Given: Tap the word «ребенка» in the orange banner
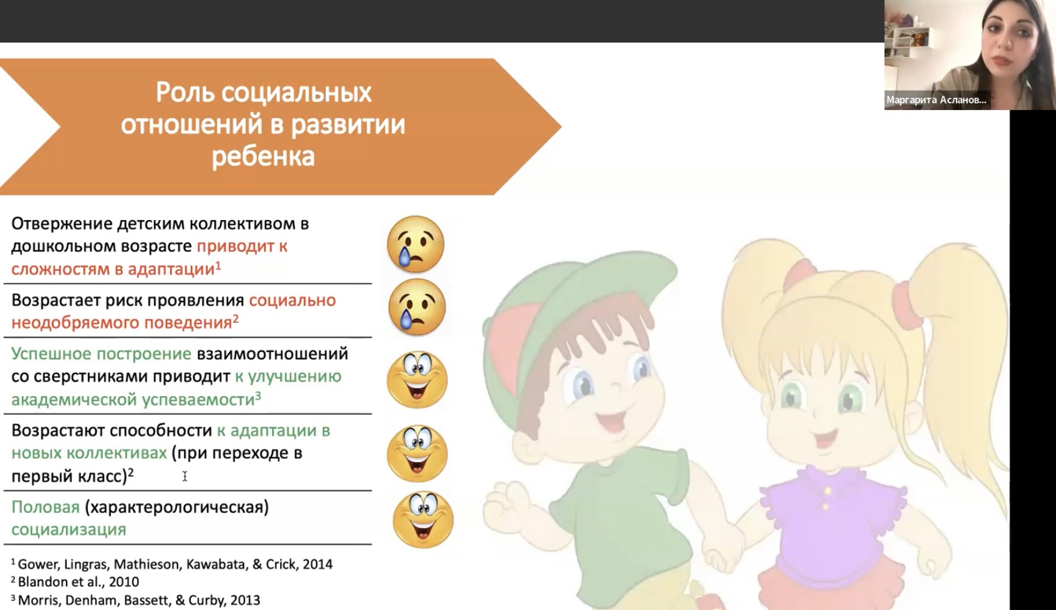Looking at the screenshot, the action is click(x=263, y=156).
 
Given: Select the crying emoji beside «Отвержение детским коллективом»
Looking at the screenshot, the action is click(x=416, y=244).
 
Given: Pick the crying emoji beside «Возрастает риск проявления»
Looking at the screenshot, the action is click(x=417, y=307).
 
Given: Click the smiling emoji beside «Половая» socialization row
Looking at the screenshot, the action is click(x=423, y=520).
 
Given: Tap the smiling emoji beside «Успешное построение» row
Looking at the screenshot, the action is click(x=417, y=380).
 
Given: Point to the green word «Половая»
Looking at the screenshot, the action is click(x=45, y=507).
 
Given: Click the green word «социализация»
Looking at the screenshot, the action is click(x=68, y=530).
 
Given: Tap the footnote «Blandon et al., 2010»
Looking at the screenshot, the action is click(x=78, y=582).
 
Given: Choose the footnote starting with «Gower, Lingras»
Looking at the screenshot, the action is click(x=175, y=564).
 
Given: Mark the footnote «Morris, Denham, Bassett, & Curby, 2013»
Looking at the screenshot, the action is click(x=139, y=600).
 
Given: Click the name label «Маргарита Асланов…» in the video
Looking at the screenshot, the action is click(x=936, y=100).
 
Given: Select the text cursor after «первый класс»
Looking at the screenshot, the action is click(x=185, y=477).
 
